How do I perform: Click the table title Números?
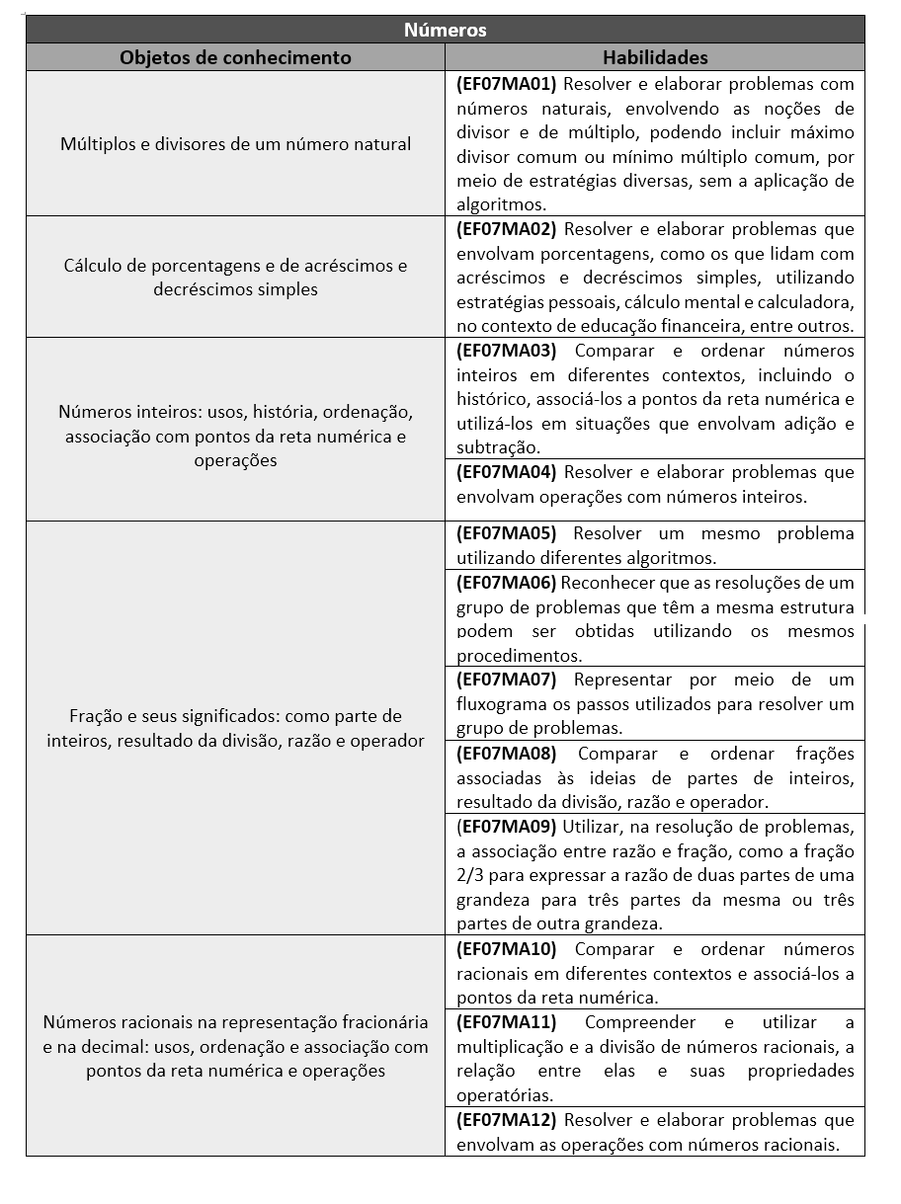(x=445, y=30)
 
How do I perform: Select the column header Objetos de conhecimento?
(x=235, y=57)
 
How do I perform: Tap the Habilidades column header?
(x=655, y=57)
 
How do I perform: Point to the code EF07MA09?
(x=507, y=826)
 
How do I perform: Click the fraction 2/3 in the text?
(x=471, y=875)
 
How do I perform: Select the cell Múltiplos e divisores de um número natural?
(x=235, y=144)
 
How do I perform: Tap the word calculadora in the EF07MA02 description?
(x=811, y=302)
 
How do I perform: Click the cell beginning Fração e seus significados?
(x=235, y=728)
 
